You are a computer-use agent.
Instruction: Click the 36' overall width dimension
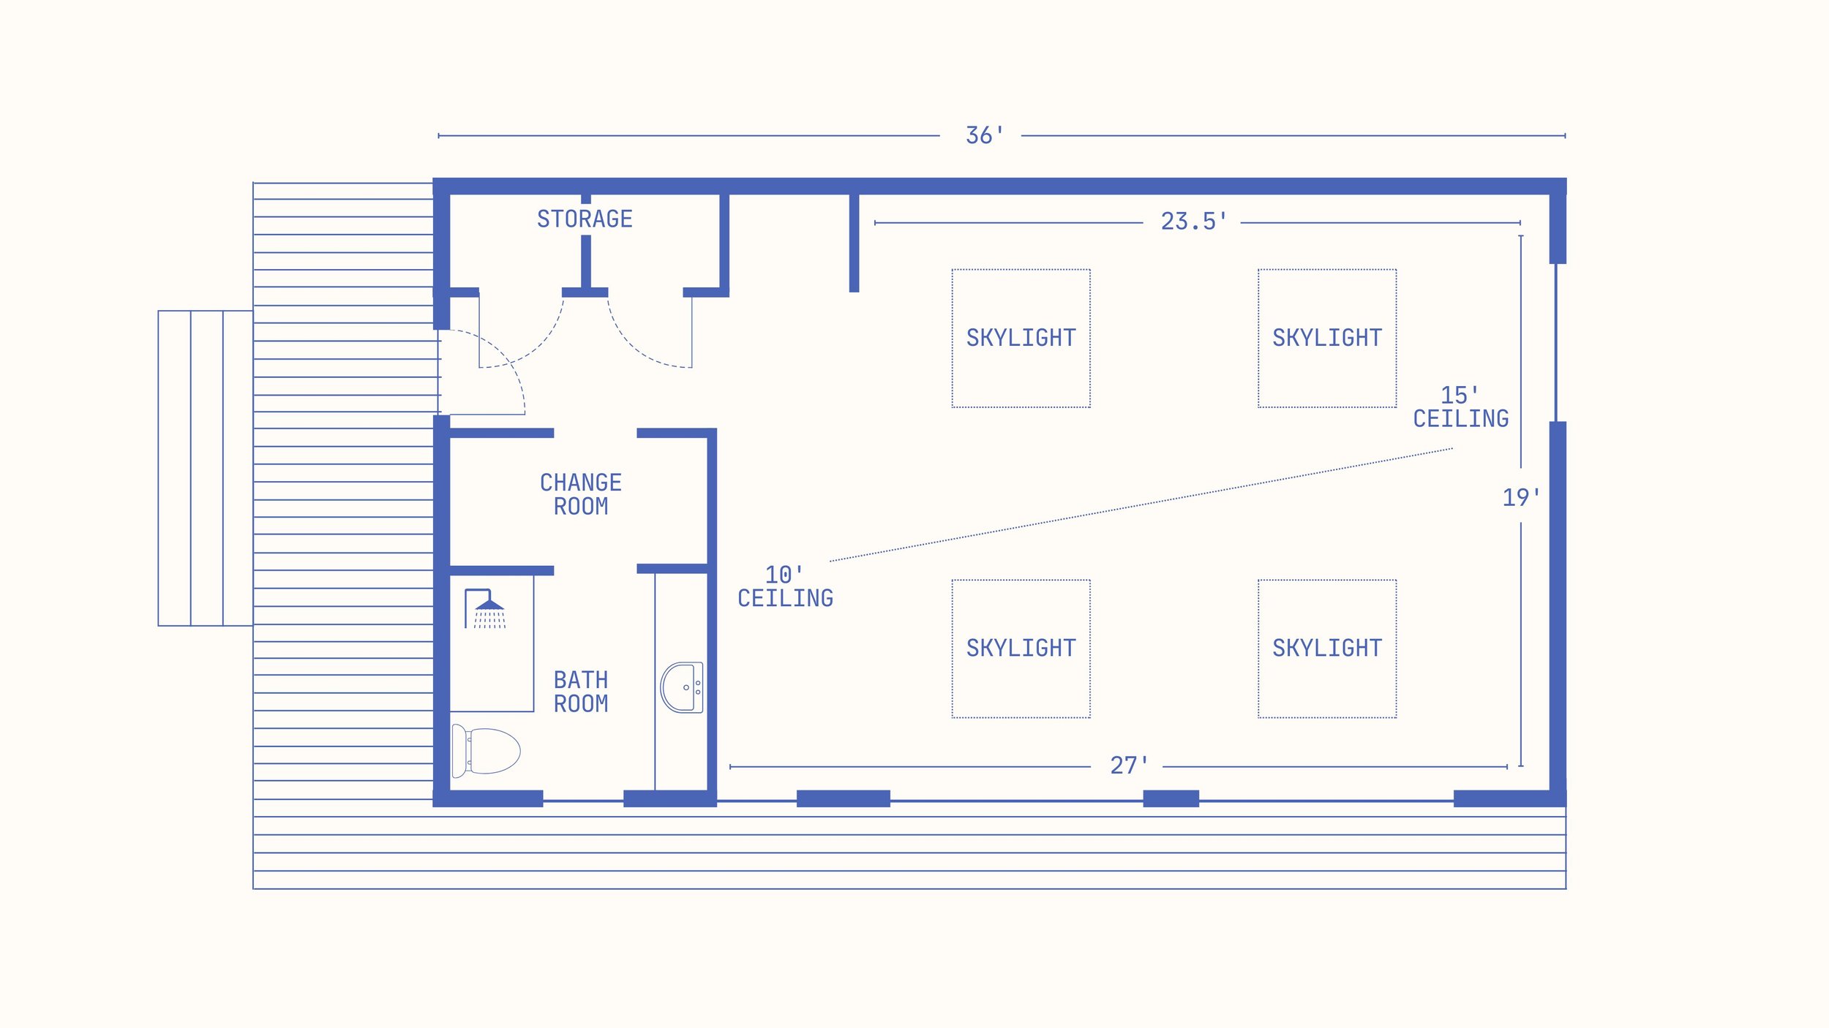[985, 135]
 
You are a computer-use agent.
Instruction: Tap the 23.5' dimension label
[1193, 222]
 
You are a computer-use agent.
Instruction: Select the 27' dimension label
[1129, 766]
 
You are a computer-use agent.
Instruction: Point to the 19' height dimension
[1521, 498]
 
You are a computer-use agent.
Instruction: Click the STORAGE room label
[585, 219]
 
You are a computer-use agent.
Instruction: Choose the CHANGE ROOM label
[581, 494]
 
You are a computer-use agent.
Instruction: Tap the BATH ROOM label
[581, 692]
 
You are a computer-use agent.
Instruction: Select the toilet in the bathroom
[486, 751]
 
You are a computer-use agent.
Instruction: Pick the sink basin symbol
[682, 687]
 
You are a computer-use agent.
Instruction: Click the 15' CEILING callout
[1460, 407]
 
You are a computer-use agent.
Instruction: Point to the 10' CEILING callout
[785, 586]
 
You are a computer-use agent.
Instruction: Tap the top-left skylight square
[1021, 339]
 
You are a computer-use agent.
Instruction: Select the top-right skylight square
[1327, 339]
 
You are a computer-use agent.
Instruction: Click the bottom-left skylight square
[1021, 649]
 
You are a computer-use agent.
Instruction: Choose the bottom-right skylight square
[1327, 649]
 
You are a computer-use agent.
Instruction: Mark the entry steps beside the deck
[206, 468]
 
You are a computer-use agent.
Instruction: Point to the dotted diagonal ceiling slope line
[1141, 504]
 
